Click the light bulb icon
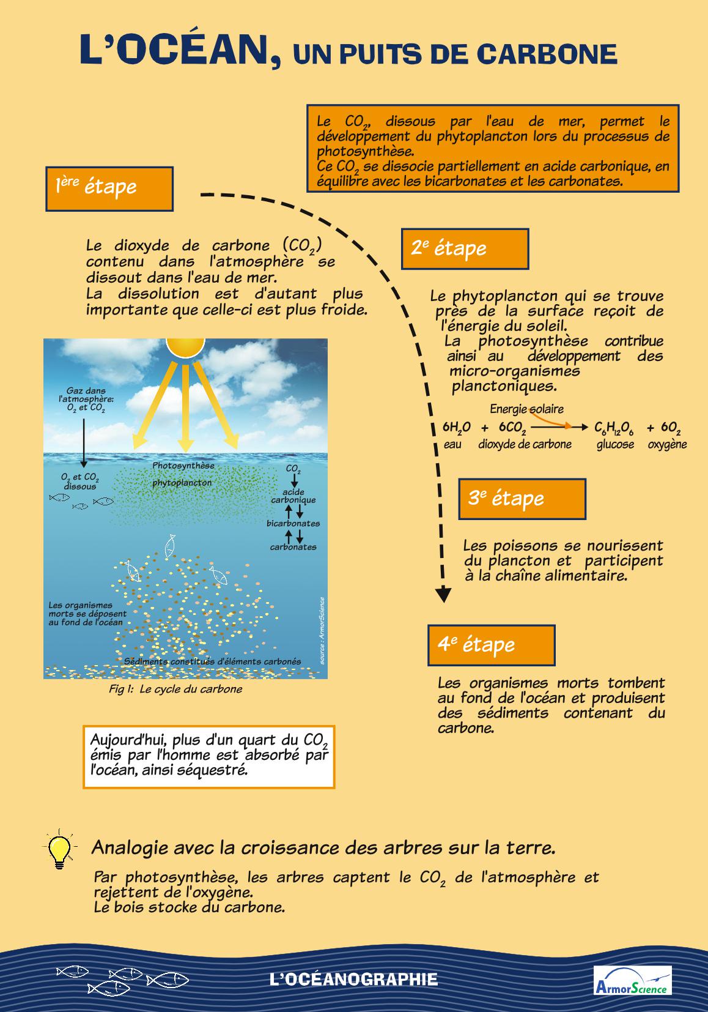59,848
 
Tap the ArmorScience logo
632,980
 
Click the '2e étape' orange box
464,249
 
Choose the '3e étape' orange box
522,499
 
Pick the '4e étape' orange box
491,645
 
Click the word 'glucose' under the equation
615,445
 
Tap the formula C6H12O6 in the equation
614,428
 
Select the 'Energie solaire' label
526,409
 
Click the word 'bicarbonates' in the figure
293,523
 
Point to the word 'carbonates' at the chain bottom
293,547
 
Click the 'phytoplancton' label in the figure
182,483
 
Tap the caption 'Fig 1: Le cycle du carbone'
175,689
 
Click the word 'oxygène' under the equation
667,445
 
